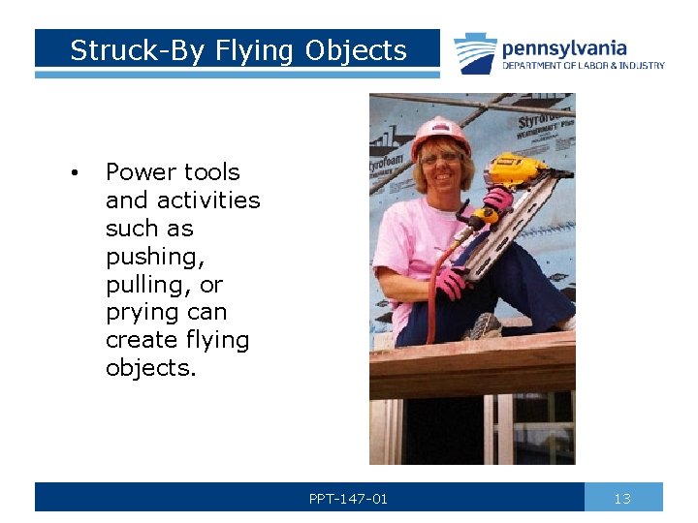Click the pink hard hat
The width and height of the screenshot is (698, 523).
(440, 135)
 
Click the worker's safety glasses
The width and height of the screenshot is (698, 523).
(440, 158)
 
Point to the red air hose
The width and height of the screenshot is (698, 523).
(432, 291)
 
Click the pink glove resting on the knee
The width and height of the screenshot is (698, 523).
(450, 283)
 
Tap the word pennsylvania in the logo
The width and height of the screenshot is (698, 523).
(564, 47)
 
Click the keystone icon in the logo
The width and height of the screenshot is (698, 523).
(475, 53)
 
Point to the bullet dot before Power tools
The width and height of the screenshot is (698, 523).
(73, 173)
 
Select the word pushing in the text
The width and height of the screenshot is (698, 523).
(148, 257)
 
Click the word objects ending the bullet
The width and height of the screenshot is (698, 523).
(150, 369)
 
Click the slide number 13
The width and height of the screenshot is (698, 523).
(622, 499)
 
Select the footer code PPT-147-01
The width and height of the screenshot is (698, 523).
(348, 499)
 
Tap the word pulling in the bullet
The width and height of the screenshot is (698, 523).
(143, 285)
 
